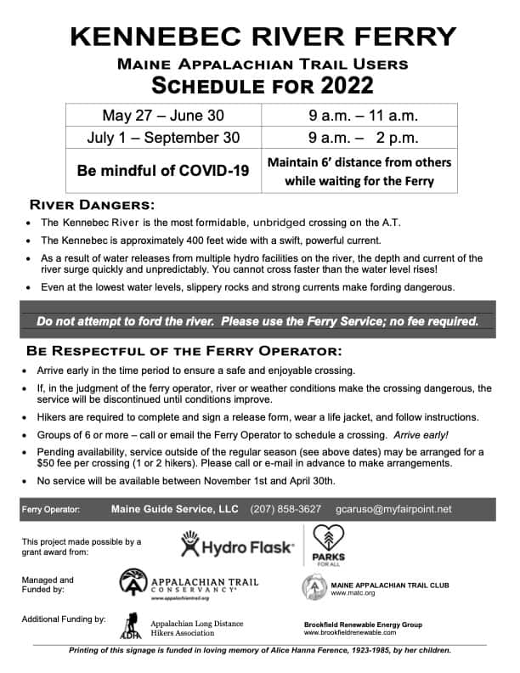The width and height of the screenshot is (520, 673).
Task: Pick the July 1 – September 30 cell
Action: [x=163, y=137]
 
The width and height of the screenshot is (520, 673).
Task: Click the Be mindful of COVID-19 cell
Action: [x=163, y=171]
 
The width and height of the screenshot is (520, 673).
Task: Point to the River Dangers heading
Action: [x=93, y=205]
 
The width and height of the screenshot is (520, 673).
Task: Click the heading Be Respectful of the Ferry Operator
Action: [x=184, y=350]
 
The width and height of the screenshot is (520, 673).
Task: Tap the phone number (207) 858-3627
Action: [x=285, y=509]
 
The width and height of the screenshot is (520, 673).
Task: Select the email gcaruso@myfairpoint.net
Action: [x=393, y=509]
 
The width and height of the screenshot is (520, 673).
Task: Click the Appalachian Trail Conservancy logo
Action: [x=189, y=585]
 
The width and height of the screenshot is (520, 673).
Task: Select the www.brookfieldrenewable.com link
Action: [x=362, y=633]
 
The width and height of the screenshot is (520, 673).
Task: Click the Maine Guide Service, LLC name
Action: [x=174, y=509]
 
